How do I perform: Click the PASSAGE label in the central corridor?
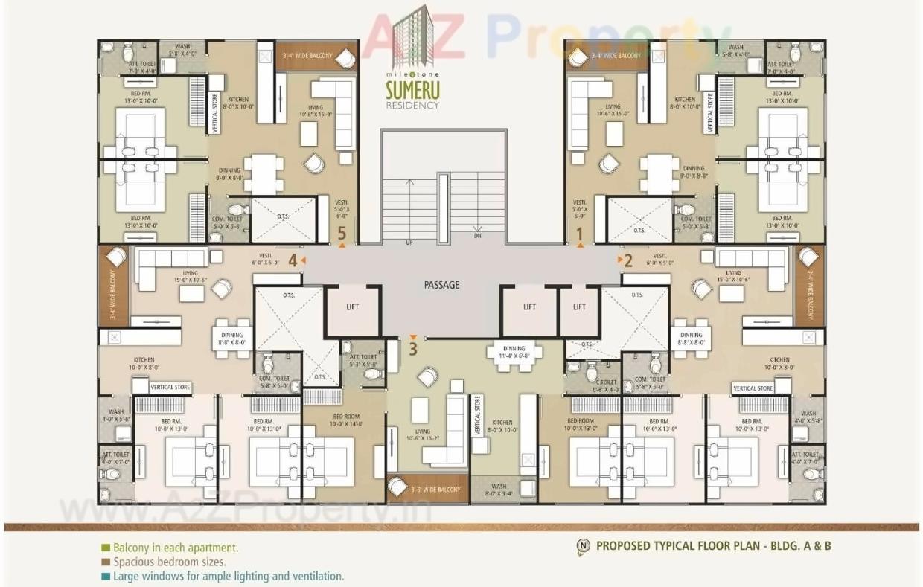(x=441, y=285)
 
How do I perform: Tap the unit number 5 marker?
(x=342, y=234)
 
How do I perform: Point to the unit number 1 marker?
(x=580, y=234)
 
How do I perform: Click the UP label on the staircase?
(x=409, y=243)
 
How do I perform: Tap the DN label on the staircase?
(x=478, y=236)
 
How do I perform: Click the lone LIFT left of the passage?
(x=354, y=307)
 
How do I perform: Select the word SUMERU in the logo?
(x=412, y=91)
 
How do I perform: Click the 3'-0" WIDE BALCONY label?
(x=435, y=490)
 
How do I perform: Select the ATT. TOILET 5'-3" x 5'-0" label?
(x=363, y=361)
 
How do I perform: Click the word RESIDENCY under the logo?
(x=412, y=105)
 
